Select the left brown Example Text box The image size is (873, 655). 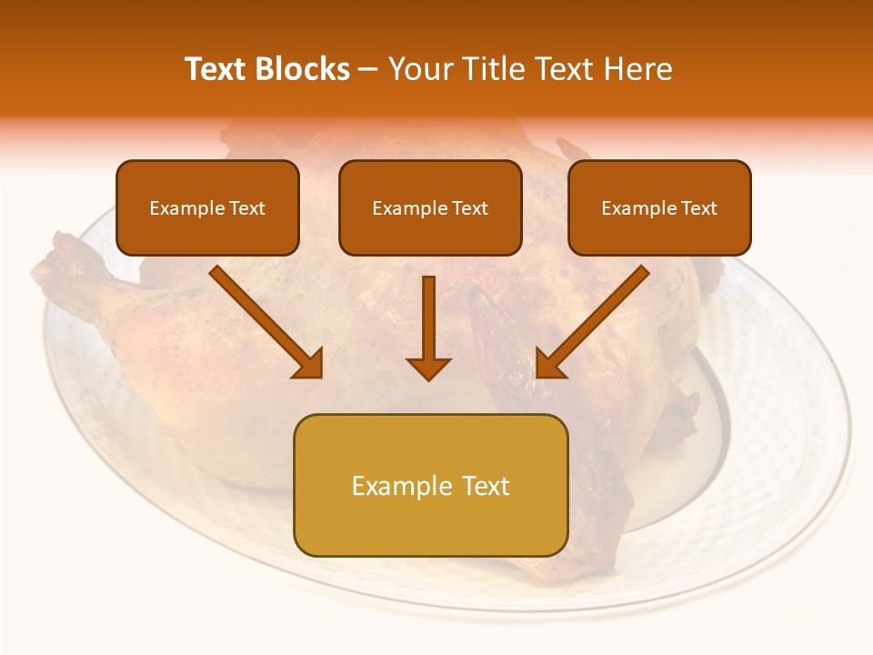[207, 207]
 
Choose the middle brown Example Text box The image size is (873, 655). [430, 207]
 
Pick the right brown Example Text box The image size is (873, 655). [659, 207]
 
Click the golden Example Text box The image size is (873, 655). [430, 485]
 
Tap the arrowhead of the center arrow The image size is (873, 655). [428, 367]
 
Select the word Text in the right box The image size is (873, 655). [699, 208]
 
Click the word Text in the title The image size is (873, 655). [217, 69]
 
